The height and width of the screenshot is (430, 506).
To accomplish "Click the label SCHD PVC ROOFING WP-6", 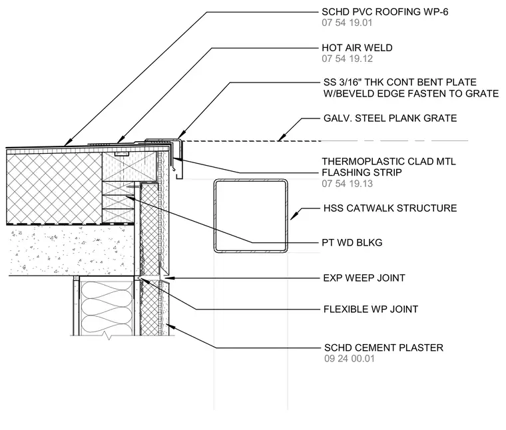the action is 385,12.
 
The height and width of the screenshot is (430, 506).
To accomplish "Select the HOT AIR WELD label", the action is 357,48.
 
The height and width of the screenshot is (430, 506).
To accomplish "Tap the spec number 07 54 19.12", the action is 347,59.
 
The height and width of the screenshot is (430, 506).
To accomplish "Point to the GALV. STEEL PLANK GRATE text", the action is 390,118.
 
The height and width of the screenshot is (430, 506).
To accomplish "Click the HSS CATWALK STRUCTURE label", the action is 390,208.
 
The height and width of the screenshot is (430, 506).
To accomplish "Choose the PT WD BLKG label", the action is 352,242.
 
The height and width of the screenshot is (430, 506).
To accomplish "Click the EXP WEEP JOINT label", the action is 364,278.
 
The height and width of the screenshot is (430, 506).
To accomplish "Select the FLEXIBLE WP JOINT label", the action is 371,310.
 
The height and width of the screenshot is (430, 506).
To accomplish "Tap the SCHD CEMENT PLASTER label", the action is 383,347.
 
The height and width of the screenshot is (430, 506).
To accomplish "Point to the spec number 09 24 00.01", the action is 350,359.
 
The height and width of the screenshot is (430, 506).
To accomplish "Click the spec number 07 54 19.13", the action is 348,184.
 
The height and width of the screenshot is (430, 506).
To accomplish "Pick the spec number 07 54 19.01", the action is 347,23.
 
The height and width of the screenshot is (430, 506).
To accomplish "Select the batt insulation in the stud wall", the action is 106,308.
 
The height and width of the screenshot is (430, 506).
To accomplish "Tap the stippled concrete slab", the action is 71,250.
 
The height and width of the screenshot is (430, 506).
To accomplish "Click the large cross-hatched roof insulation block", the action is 54,188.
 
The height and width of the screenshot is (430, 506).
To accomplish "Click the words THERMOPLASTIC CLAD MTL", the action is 389,161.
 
